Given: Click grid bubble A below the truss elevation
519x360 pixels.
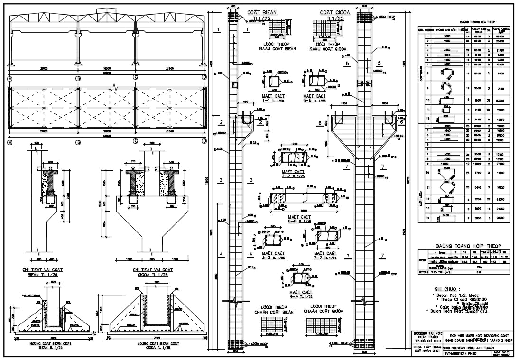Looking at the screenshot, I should (x=9, y=77).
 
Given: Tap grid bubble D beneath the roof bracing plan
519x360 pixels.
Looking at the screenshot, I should (x=204, y=141).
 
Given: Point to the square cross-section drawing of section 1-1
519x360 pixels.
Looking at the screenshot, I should (x=275, y=82).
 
